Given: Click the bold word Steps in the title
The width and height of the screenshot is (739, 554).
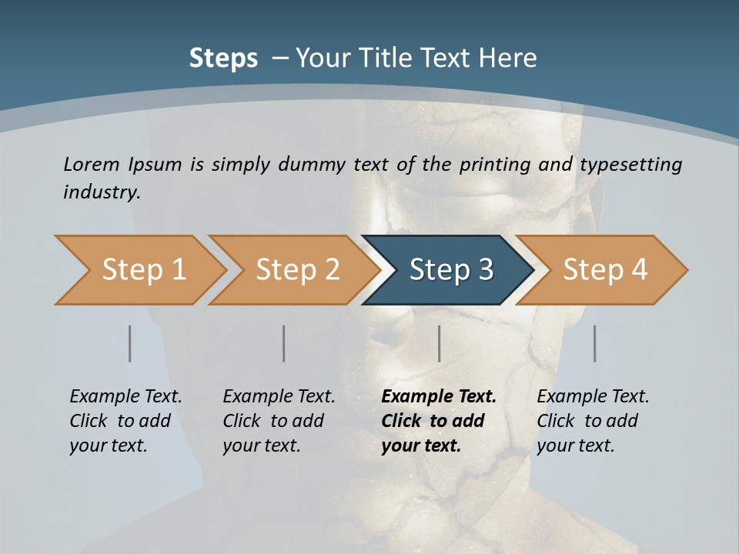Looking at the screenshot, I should point(223,58).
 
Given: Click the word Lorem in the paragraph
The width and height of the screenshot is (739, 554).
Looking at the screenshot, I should point(91,164).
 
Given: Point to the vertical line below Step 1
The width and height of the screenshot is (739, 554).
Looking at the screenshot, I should point(130,343).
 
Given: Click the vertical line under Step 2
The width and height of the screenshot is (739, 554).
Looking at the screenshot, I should point(284,343).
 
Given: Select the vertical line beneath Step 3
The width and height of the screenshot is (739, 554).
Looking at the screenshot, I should point(440,343).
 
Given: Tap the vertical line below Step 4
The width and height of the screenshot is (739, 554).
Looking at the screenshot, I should point(595,343).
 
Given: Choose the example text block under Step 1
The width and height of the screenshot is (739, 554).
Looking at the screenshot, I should point(125,421).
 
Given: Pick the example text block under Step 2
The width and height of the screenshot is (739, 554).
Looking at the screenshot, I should point(279,421).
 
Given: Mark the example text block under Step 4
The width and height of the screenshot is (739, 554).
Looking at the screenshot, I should point(593,421).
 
